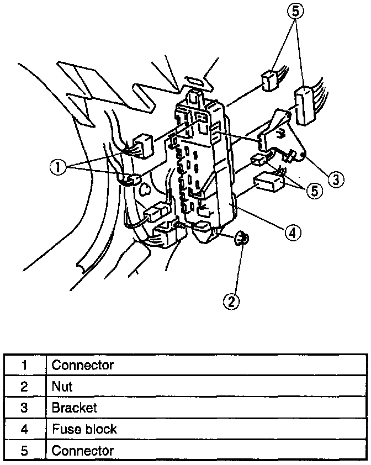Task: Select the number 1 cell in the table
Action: pos(24,365)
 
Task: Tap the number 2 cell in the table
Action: pos(24,387)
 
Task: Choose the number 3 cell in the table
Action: pos(24,408)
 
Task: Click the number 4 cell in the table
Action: pos(24,429)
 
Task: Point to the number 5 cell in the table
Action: pos(24,450)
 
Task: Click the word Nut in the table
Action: pos(62,387)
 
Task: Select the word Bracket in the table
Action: pos(74,408)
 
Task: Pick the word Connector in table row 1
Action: pos(82,365)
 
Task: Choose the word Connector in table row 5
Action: pos(82,450)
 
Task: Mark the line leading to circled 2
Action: pos(237,271)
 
